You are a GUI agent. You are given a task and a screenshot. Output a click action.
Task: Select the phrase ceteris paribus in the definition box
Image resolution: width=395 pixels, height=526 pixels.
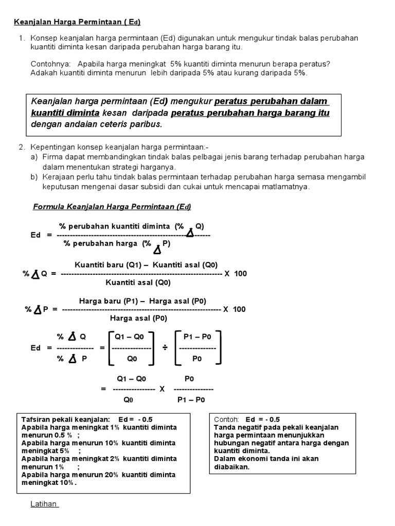coord(136,124)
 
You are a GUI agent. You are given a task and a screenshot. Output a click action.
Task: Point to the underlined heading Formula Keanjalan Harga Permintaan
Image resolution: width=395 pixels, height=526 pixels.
coord(112,206)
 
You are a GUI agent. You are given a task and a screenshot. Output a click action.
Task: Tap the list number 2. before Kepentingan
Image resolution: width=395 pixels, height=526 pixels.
coord(22,147)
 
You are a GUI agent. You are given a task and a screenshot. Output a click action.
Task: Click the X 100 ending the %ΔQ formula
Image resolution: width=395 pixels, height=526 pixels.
coord(236,274)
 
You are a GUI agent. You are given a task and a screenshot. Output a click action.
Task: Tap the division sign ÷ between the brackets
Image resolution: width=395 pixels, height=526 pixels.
coord(165,348)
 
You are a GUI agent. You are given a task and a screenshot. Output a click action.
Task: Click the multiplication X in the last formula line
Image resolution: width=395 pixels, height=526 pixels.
coord(161,389)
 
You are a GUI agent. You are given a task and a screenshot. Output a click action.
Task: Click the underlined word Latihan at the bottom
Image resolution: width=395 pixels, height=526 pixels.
coord(44,504)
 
